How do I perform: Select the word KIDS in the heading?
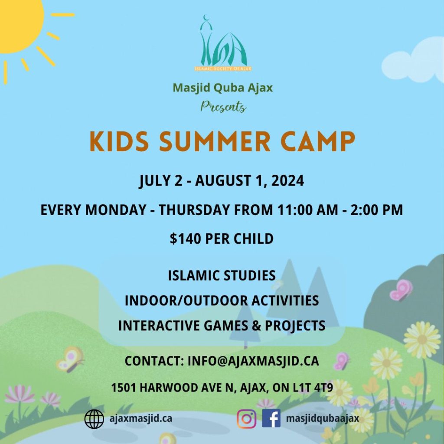click(119, 141)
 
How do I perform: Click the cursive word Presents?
click(223, 107)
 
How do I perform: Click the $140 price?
click(186, 238)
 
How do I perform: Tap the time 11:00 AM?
click(307, 210)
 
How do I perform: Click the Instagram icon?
click(246, 418)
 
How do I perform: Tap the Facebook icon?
click(271, 418)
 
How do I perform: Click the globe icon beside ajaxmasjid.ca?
click(94, 419)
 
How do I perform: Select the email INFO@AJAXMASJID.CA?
click(253, 361)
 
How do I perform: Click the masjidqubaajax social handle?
click(323, 419)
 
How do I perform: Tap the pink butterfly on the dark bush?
click(401, 290)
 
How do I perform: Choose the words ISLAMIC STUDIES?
click(222, 275)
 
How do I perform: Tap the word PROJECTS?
click(295, 326)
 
